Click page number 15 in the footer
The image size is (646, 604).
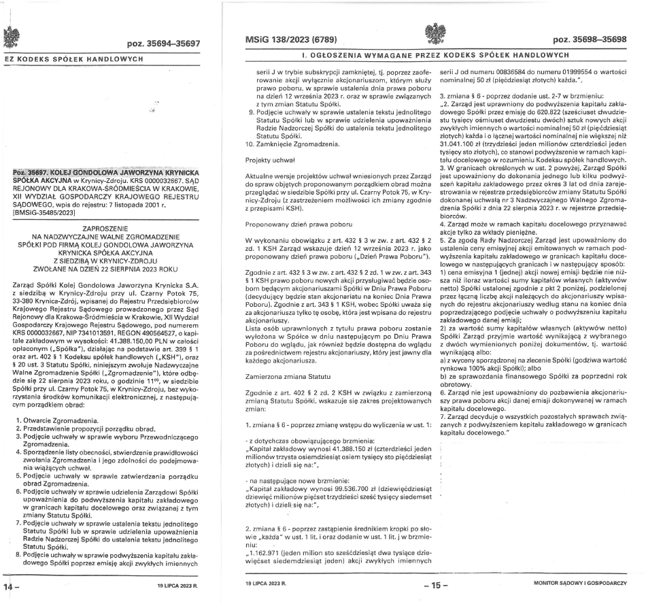431,584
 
